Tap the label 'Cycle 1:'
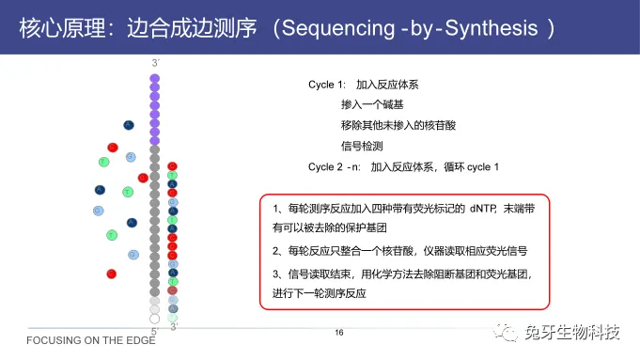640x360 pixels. click(x=327, y=85)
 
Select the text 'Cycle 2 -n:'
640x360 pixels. click(x=334, y=166)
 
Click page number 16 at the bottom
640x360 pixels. click(x=340, y=333)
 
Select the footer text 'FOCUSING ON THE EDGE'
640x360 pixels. click(x=79, y=340)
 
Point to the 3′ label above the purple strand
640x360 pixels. click(x=155, y=64)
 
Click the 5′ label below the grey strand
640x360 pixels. click(x=154, y=329)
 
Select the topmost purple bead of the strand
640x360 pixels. click(x=155, y=77)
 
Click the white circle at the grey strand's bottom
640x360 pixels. click(x=155, y=318)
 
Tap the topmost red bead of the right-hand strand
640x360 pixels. click(x=172, y=166)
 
